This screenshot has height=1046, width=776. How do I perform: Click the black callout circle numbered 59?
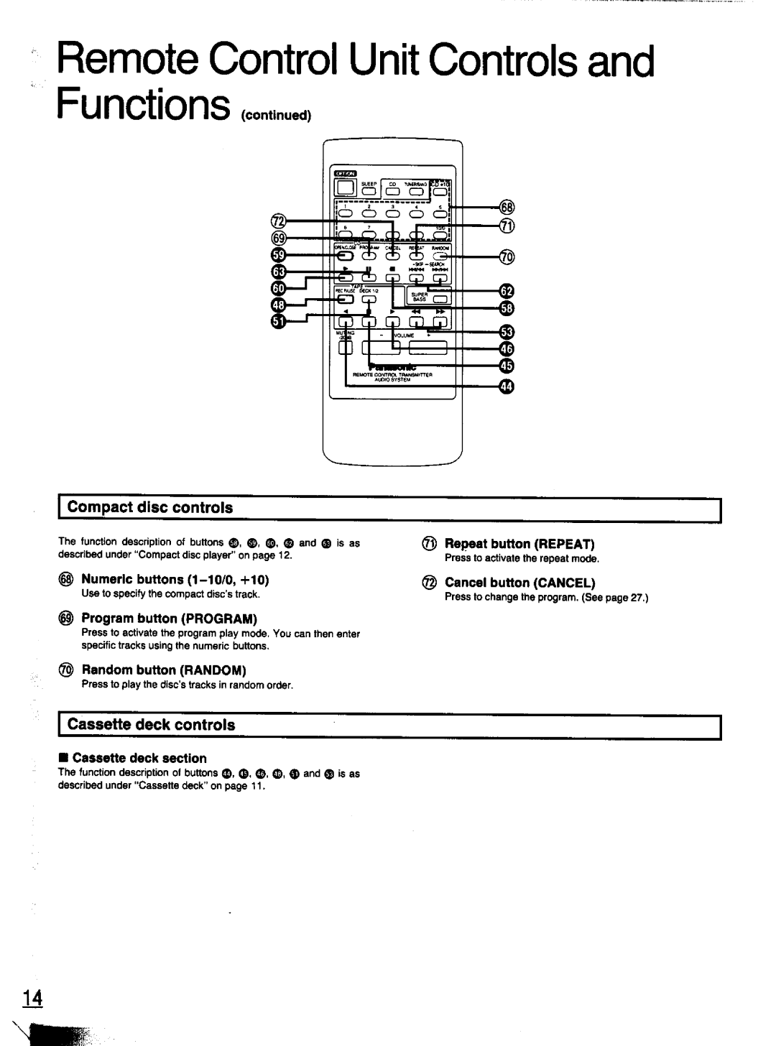point(279,255)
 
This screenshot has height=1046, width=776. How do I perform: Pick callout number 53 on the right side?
point(507,332)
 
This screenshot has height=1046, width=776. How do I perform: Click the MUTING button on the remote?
point(346,349)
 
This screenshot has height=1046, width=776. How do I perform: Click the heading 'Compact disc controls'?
point(150,507)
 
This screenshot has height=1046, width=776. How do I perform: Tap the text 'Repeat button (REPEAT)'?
point(519,544)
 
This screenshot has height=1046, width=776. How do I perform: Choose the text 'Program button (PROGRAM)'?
point(169,619)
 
